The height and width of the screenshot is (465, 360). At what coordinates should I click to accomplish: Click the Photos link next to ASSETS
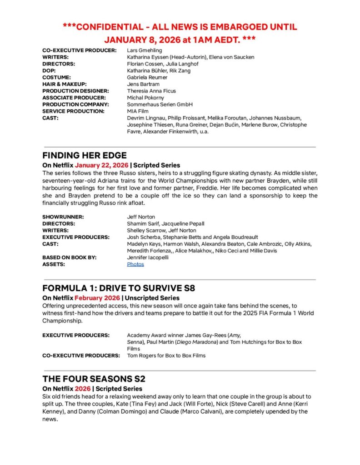135,264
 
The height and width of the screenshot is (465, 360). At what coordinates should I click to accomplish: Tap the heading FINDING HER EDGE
85,155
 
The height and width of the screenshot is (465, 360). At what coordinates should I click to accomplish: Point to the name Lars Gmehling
145,50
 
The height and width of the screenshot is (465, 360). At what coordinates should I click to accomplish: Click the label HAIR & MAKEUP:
64,84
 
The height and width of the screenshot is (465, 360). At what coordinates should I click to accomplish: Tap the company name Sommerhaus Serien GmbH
160,104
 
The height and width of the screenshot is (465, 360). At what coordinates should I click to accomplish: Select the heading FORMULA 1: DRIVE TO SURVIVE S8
119,288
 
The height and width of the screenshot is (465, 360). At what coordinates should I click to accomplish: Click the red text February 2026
97,298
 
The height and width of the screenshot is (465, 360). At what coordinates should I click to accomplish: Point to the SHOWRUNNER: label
63,217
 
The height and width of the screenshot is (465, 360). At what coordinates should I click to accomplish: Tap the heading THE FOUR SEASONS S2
94,379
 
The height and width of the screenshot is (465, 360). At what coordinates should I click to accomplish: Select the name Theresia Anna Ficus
151,91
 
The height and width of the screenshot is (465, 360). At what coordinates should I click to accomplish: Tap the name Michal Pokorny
146,98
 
